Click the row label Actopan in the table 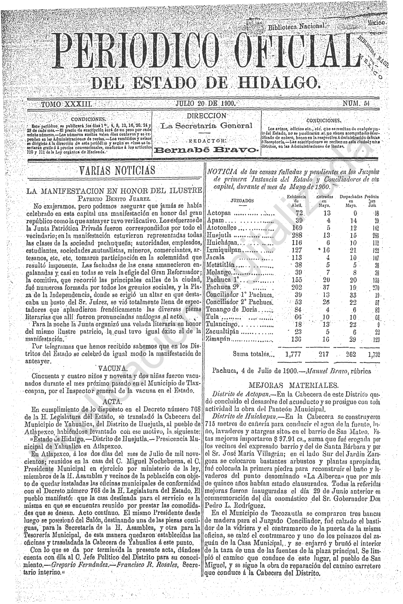pos(219,213)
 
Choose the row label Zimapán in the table pos(218,339)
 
